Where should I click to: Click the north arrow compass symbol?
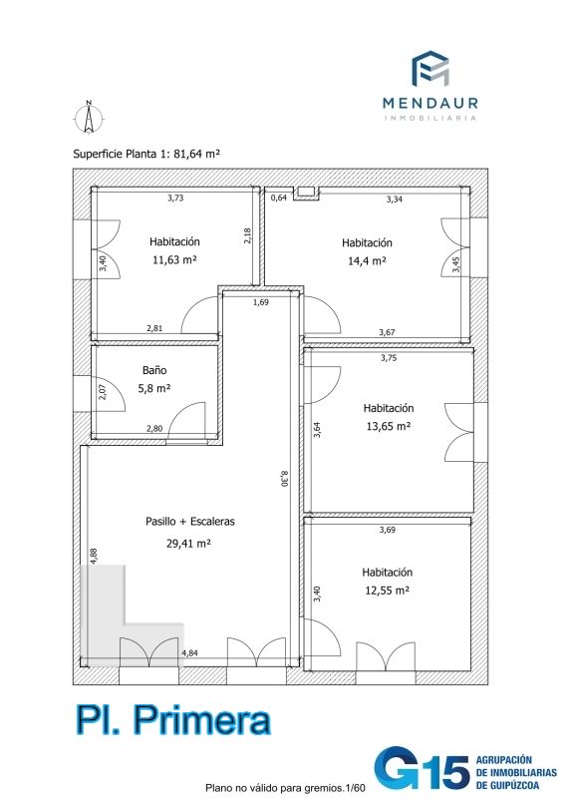(x=89, y=118)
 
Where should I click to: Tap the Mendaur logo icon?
(x=429, y=68)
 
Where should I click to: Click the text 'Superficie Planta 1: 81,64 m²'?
(x=146, y=154)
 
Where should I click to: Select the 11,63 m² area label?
(x=174, y=259)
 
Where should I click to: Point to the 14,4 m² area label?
(x=367, y=260)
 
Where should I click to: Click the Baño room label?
(x=154, y=370)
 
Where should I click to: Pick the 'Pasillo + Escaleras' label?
(x=190, y=522)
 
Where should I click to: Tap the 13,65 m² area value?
(x=389, y=426)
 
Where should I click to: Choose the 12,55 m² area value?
(x=388, y=591)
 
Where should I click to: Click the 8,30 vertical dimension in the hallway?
(x=283, y=478)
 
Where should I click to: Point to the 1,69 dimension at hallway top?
(x=260, y=302)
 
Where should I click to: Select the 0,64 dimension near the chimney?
(x=279, y=198)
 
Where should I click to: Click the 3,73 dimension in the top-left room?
(x=175, y=198)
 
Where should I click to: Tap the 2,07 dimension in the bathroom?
(x=102, y=393)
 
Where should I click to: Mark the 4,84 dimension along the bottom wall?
(x=189, y=653)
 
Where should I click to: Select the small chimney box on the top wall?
(x=305, y=193)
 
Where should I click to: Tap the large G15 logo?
(x=422, y=769)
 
